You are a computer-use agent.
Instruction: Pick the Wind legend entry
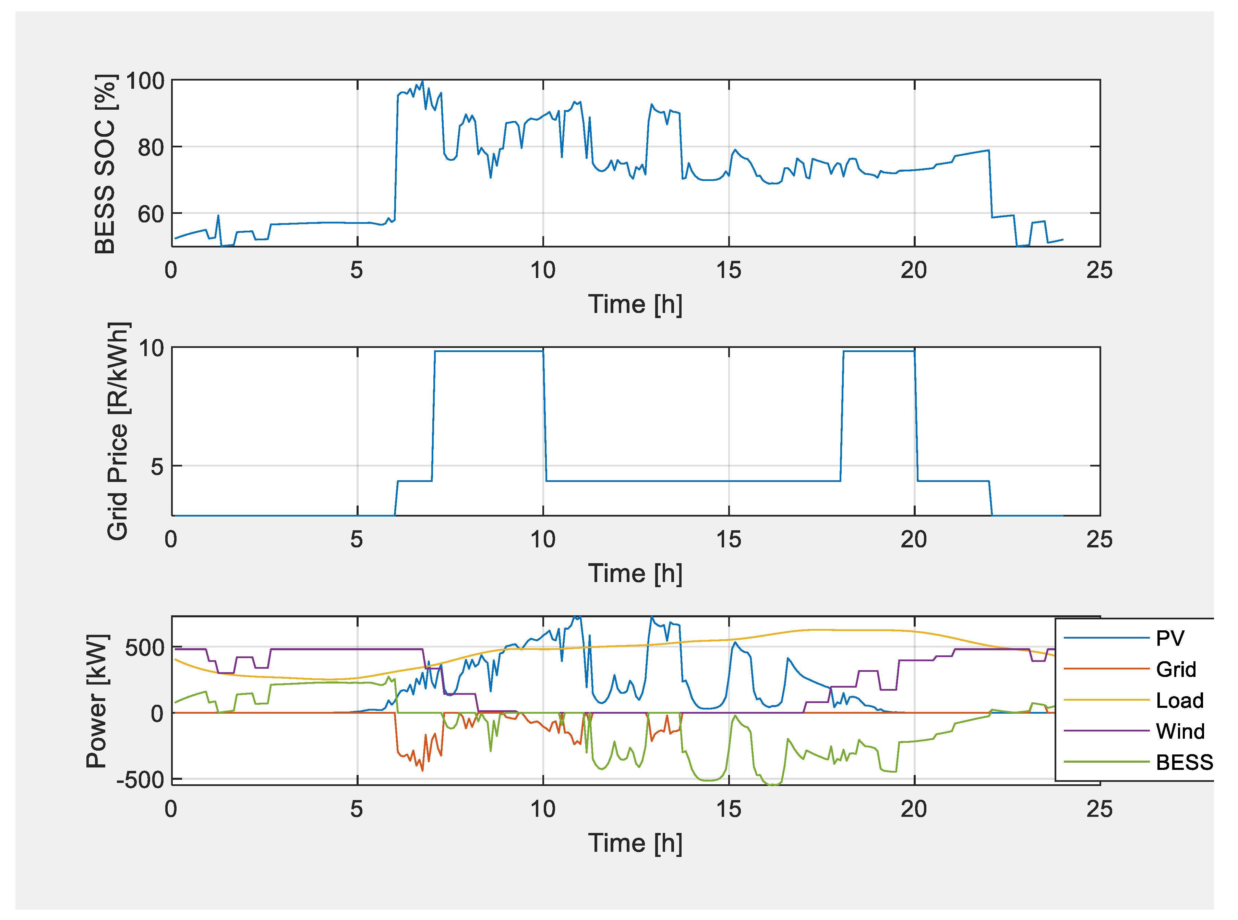click(x=1179, y=731)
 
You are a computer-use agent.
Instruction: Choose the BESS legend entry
click(x=1184, y=762)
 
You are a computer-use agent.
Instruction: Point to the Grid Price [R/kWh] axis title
click(x=118, y=431)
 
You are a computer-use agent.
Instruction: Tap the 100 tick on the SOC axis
click(x=145, y=81)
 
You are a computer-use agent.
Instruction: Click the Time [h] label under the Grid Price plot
click(x=635, y=573)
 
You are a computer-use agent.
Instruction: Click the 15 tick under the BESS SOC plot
click(x=729, y=271)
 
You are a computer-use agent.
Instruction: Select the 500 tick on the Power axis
click(x=145, y=648)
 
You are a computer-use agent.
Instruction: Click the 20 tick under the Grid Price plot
click(x=913, y=540)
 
